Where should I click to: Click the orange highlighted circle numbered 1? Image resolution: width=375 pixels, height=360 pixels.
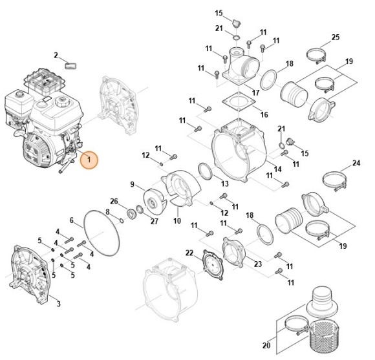click(89, 159)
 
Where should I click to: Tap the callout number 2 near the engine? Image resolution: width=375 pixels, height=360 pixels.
click(56, 55)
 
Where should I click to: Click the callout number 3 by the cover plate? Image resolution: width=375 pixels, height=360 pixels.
click(59, 304)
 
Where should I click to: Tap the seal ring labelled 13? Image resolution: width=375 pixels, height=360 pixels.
click(204, 171)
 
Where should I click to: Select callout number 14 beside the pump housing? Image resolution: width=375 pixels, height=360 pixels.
click(278, 169)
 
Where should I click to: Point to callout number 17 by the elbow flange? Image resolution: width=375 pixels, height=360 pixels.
click(256, 92)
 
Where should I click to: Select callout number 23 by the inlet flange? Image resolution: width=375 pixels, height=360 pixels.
click(258, 264)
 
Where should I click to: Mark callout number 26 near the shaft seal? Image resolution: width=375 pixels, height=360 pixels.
click(114, 202)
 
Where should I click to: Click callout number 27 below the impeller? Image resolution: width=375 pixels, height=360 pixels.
click(155, 221)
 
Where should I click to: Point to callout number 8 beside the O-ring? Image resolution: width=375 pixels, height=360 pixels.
click(107, 212)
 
